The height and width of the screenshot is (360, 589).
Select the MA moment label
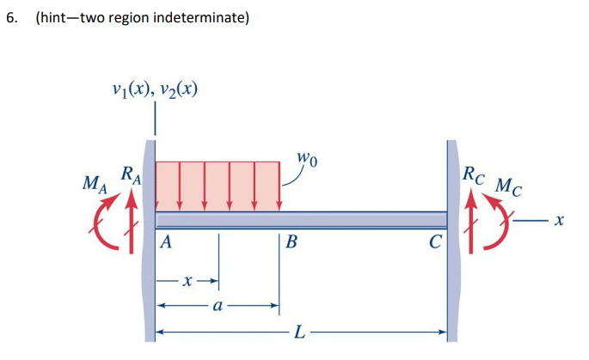90,184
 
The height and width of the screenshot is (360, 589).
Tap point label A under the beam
167,243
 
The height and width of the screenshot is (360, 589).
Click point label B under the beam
291,243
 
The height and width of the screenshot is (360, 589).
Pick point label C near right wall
435,243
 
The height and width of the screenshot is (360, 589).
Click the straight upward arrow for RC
471,215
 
